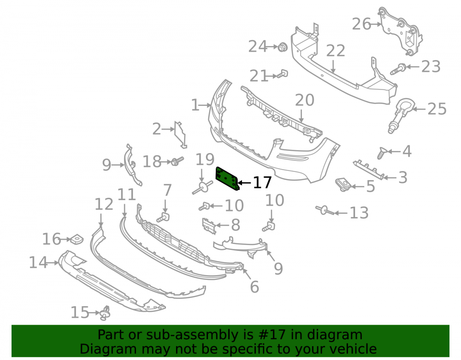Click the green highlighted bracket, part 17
(x=227, y=179)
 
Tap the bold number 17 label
(x=262, y=183)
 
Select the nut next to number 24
(x=283, y=47)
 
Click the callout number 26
(x=361, y=24)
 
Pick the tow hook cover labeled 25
(x=400, y=116)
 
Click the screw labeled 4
(x=382, y=153)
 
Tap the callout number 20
(x=305, y=100)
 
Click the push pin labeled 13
(x=325, y=210)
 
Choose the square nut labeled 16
(x=77, y=239)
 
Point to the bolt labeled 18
(x=177, y=161)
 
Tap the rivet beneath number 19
(x=202, y=188)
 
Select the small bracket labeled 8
(x=209, y=226)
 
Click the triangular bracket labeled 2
(x=181, y=134)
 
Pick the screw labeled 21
(x=280, y=74)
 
